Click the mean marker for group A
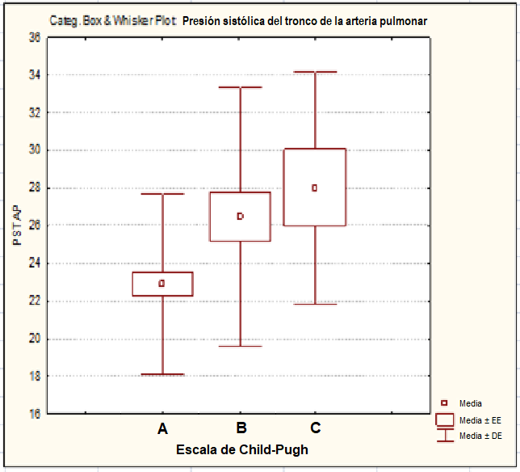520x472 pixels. tap(162, 284)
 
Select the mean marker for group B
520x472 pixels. tap(240, 217)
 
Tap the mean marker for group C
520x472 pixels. tap(315, 188)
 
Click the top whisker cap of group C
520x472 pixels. tap(315, 72)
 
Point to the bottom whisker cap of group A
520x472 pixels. tap(162, 374)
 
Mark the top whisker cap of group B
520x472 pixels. tap(240, 87)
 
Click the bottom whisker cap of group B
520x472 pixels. tap(240, 346)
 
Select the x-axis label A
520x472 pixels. tap(162, 428)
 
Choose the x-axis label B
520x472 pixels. tap(241, 428)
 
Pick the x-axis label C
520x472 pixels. tap(316, 428)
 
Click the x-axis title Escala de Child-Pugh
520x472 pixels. tap(242, 449)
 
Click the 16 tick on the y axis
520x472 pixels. tap(34, 414)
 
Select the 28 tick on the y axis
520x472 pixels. tap(34, 188)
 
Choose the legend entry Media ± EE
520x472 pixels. tap(480, 420)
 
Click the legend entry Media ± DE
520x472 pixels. tap(480, 436)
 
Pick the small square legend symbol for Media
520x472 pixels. tap(443, 402)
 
